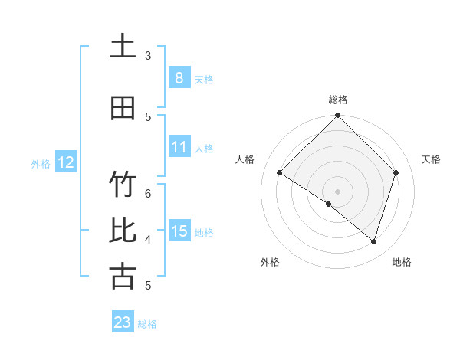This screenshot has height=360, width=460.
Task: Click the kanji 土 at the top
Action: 123,47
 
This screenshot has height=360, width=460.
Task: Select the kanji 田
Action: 123,108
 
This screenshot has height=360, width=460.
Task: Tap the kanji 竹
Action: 123,185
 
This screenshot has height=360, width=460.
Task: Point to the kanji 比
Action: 123,231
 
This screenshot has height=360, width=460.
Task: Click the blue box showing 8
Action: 179,78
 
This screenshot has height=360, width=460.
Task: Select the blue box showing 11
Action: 179,147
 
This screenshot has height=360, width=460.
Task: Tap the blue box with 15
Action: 179,231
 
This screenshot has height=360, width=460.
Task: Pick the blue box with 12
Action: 65,162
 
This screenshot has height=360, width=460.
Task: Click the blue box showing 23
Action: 123,322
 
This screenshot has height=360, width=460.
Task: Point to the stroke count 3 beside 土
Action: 148,56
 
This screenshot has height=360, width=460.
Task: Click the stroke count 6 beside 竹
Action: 148,194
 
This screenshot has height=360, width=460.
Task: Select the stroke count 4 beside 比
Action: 148,239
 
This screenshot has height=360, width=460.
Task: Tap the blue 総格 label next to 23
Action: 147,324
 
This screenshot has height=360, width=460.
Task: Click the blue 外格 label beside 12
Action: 41,163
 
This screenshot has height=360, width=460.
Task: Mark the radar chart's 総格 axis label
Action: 337,100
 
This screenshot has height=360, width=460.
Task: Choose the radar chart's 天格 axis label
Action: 431,159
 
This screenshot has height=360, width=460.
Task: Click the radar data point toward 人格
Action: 280,173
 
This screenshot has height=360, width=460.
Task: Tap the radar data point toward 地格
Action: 373,241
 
